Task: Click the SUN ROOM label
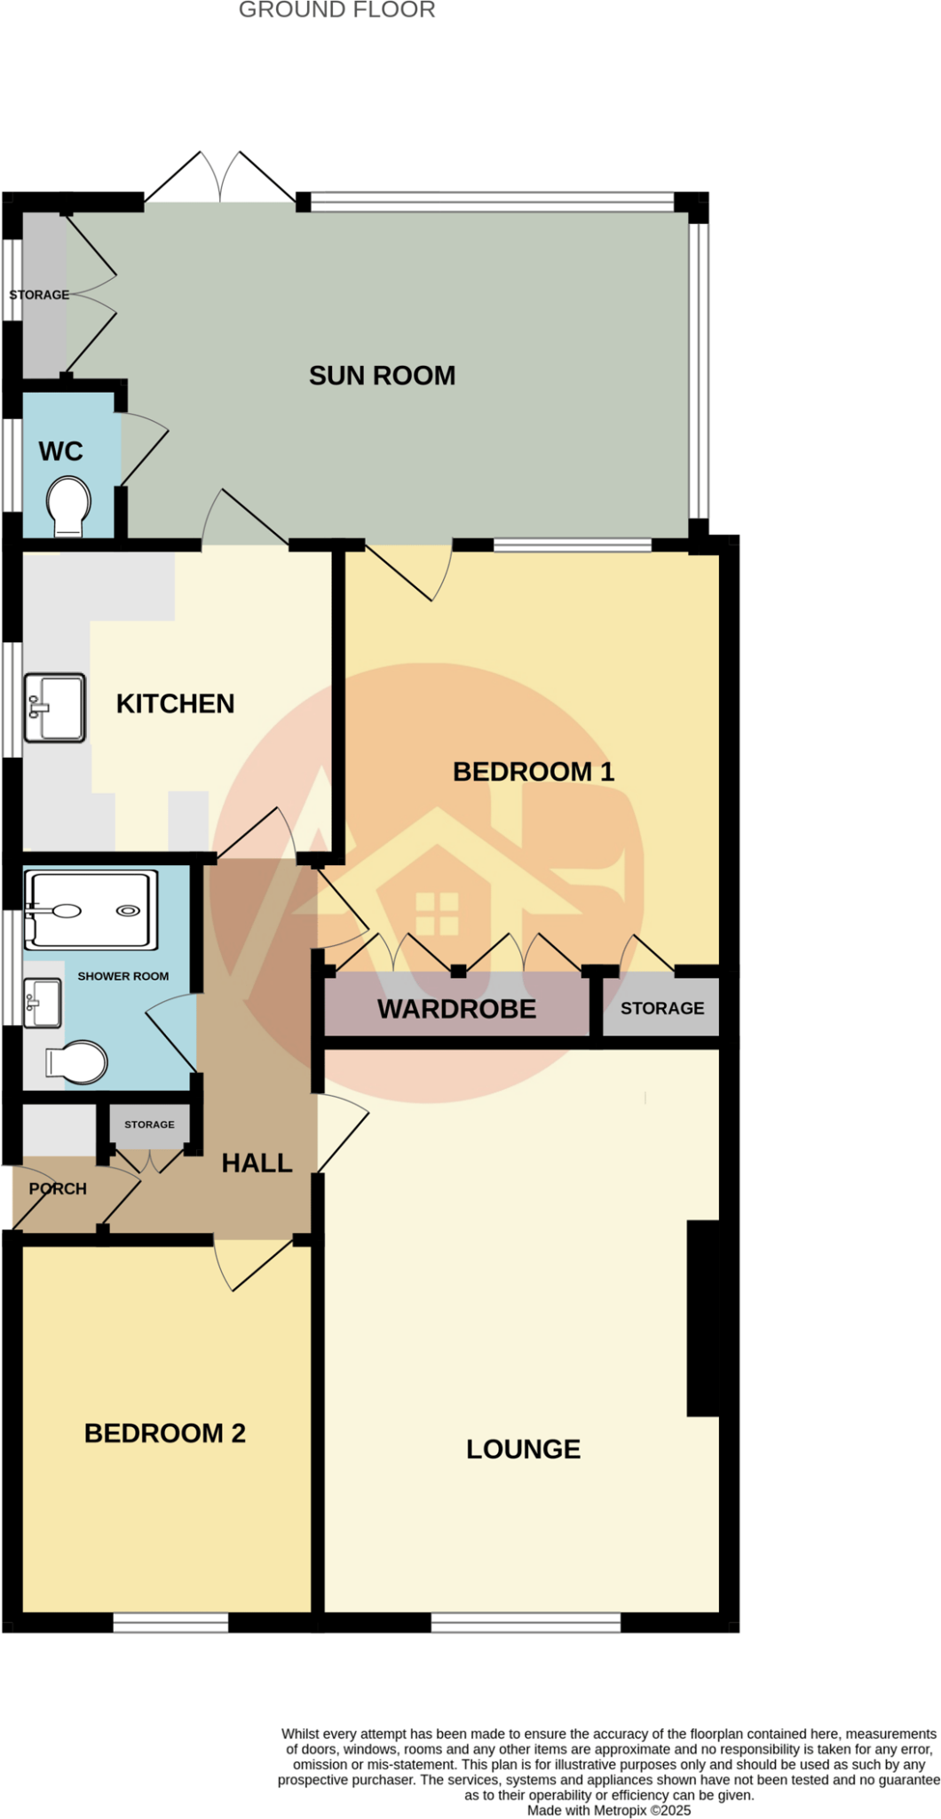[382, 376]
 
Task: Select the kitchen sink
[54, 707]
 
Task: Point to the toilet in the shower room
[76, 1062]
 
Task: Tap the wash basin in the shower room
[42, 1003]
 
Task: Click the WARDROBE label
[456, 1009]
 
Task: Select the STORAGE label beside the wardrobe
[662, 1008]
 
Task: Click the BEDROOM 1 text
[534, 772]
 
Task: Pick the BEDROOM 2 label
[165, 1434]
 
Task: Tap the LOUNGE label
[524, 1450]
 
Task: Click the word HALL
[257, 1164]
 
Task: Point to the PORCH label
[58, 1188]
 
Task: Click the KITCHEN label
[176, 704]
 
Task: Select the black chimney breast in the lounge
[703, 1318]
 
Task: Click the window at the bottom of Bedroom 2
[170, 1623]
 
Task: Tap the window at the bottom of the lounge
[526, 1623]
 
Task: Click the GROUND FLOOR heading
[337, 11]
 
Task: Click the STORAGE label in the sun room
[39, 295]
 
